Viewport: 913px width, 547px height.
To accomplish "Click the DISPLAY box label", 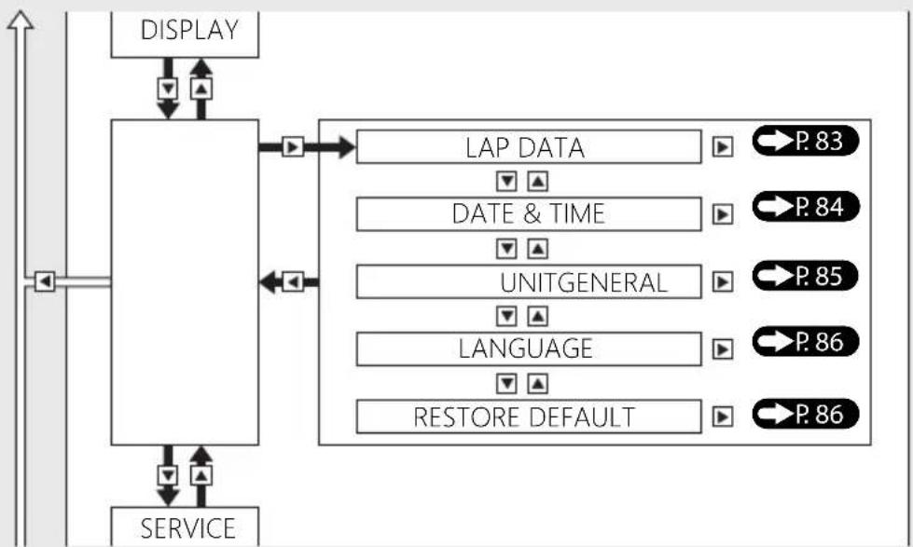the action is click(189, 30).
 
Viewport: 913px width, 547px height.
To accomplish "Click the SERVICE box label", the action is click(188, 528).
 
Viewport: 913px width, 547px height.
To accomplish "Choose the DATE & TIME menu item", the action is click(528, 213).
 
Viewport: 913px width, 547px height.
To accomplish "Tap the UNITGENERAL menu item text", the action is click(584, 282).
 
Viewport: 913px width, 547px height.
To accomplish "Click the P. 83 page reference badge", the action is click(805, 141).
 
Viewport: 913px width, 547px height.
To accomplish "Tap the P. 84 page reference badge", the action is click(805, 207).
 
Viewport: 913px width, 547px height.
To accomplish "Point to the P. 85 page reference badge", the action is click(805, 276).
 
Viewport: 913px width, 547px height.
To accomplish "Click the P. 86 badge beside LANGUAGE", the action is click(805, 342).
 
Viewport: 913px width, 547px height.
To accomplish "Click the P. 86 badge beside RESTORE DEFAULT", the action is click(805, 414).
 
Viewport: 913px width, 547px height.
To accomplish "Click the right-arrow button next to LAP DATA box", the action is click(723, 147).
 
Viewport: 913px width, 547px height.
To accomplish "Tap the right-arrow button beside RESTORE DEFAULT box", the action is click(723, 417).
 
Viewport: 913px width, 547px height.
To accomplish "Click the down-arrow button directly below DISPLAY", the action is click(168, 89).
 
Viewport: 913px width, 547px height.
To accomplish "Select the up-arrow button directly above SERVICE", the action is click(201, 476).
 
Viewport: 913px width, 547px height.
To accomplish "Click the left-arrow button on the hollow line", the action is click(45, 281).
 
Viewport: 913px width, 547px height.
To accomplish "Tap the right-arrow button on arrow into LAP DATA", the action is click(293, 146).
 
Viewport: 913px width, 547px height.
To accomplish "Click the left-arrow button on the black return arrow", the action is click(293, 282).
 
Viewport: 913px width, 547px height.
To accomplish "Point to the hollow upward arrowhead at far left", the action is click(21, 21).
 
